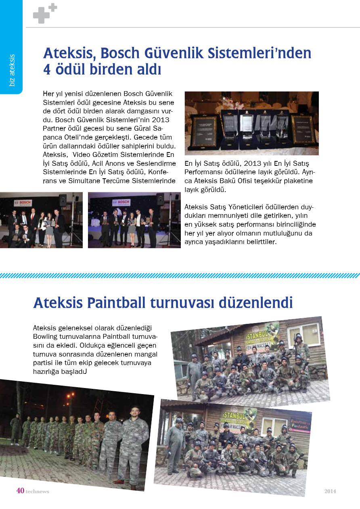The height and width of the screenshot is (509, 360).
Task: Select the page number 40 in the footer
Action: pyautogui.click(x=20, y=490)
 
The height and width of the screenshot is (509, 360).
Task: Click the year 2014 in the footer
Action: pyautogui.click(x=330, y=491)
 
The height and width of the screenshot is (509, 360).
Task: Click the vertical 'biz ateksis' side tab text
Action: pyautogui.click(x=12, y=70)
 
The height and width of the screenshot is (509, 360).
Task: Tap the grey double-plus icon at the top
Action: pyautogui.click(x=44, y=13)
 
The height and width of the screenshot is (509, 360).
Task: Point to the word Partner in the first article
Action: pyautogui.click(x=54, y=128)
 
